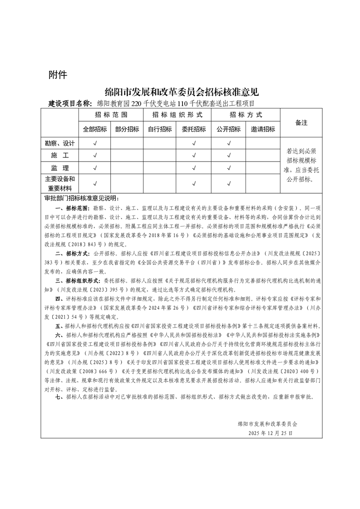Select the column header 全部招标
(95, 129)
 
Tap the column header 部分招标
(127, 129)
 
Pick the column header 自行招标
(160, 129)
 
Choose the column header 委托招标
(193, 129)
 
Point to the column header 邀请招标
(263, 129)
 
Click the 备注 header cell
(301, 123)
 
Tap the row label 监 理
(59, 168)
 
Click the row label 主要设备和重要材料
(59, 183)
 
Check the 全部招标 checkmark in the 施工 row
(95, 156)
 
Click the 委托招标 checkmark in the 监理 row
(193, 168)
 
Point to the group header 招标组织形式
(177, 115)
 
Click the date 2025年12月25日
(271, 433)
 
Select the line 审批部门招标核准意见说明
(82, 198)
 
